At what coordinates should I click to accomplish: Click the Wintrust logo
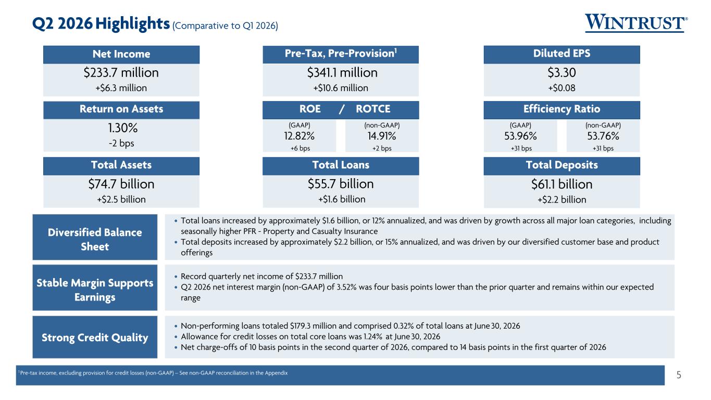[636, 23]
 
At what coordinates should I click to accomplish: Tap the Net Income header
[121, 54]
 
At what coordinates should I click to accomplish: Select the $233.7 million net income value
[121, 73]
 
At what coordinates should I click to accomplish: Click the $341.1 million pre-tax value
[342, 73]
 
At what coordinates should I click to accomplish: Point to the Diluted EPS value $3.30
[562, 73]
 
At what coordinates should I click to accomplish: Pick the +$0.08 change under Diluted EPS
[562, 88]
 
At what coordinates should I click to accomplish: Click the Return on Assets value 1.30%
[122, 128]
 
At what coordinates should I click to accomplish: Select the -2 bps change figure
[121, 143]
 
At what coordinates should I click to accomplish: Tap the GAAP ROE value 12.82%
[299, 136]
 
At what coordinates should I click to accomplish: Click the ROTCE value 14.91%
[382, 136]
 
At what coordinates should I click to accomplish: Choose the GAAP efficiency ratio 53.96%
[520, 136]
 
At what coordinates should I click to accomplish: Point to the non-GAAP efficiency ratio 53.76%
[603, 136]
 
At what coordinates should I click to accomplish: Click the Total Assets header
[121, 165]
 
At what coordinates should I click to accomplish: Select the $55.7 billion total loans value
[341, 184]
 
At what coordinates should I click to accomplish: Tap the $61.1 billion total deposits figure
[562, 184]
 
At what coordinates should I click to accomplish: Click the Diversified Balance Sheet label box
[95, 237]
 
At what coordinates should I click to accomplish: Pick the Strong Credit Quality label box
[95, 337]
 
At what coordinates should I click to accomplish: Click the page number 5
[679, 375]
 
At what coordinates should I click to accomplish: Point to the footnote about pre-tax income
[153, 373]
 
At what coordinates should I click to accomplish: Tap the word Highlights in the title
[132, 24]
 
